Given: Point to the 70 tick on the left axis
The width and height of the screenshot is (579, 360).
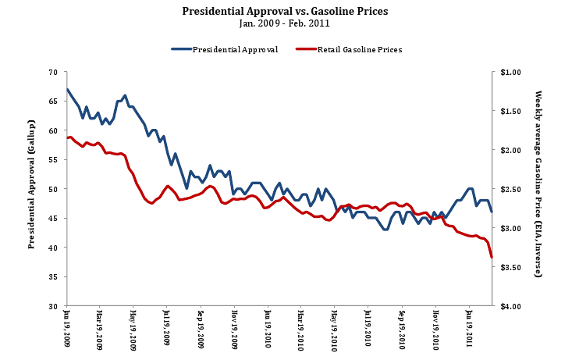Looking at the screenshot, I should tap(53, 72).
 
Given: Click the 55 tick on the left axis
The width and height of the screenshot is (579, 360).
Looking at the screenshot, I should tap(53, 159).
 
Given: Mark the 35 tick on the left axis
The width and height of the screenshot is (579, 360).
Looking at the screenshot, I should tap(53, 276).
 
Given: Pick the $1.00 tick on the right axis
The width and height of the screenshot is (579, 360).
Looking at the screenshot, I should tap(511, 72).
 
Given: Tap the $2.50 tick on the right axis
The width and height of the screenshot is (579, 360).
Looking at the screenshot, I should tap(511, 189).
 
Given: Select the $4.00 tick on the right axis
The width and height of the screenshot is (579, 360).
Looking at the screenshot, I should tap(511, 306).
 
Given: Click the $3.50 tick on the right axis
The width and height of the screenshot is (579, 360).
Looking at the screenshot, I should tap(511, 267).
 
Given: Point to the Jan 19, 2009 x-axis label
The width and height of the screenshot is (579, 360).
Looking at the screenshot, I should tap(66, 328).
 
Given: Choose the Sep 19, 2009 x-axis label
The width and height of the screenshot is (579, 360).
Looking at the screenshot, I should tap(201, 328).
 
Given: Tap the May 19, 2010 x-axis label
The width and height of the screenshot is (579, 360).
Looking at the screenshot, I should tap(334, 328).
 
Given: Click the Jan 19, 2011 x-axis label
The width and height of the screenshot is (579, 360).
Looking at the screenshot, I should tap(468, 328).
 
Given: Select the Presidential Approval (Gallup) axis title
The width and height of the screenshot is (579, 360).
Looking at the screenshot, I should tap(31, 189).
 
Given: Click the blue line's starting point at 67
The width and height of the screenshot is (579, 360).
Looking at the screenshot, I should tap(67, 89).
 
